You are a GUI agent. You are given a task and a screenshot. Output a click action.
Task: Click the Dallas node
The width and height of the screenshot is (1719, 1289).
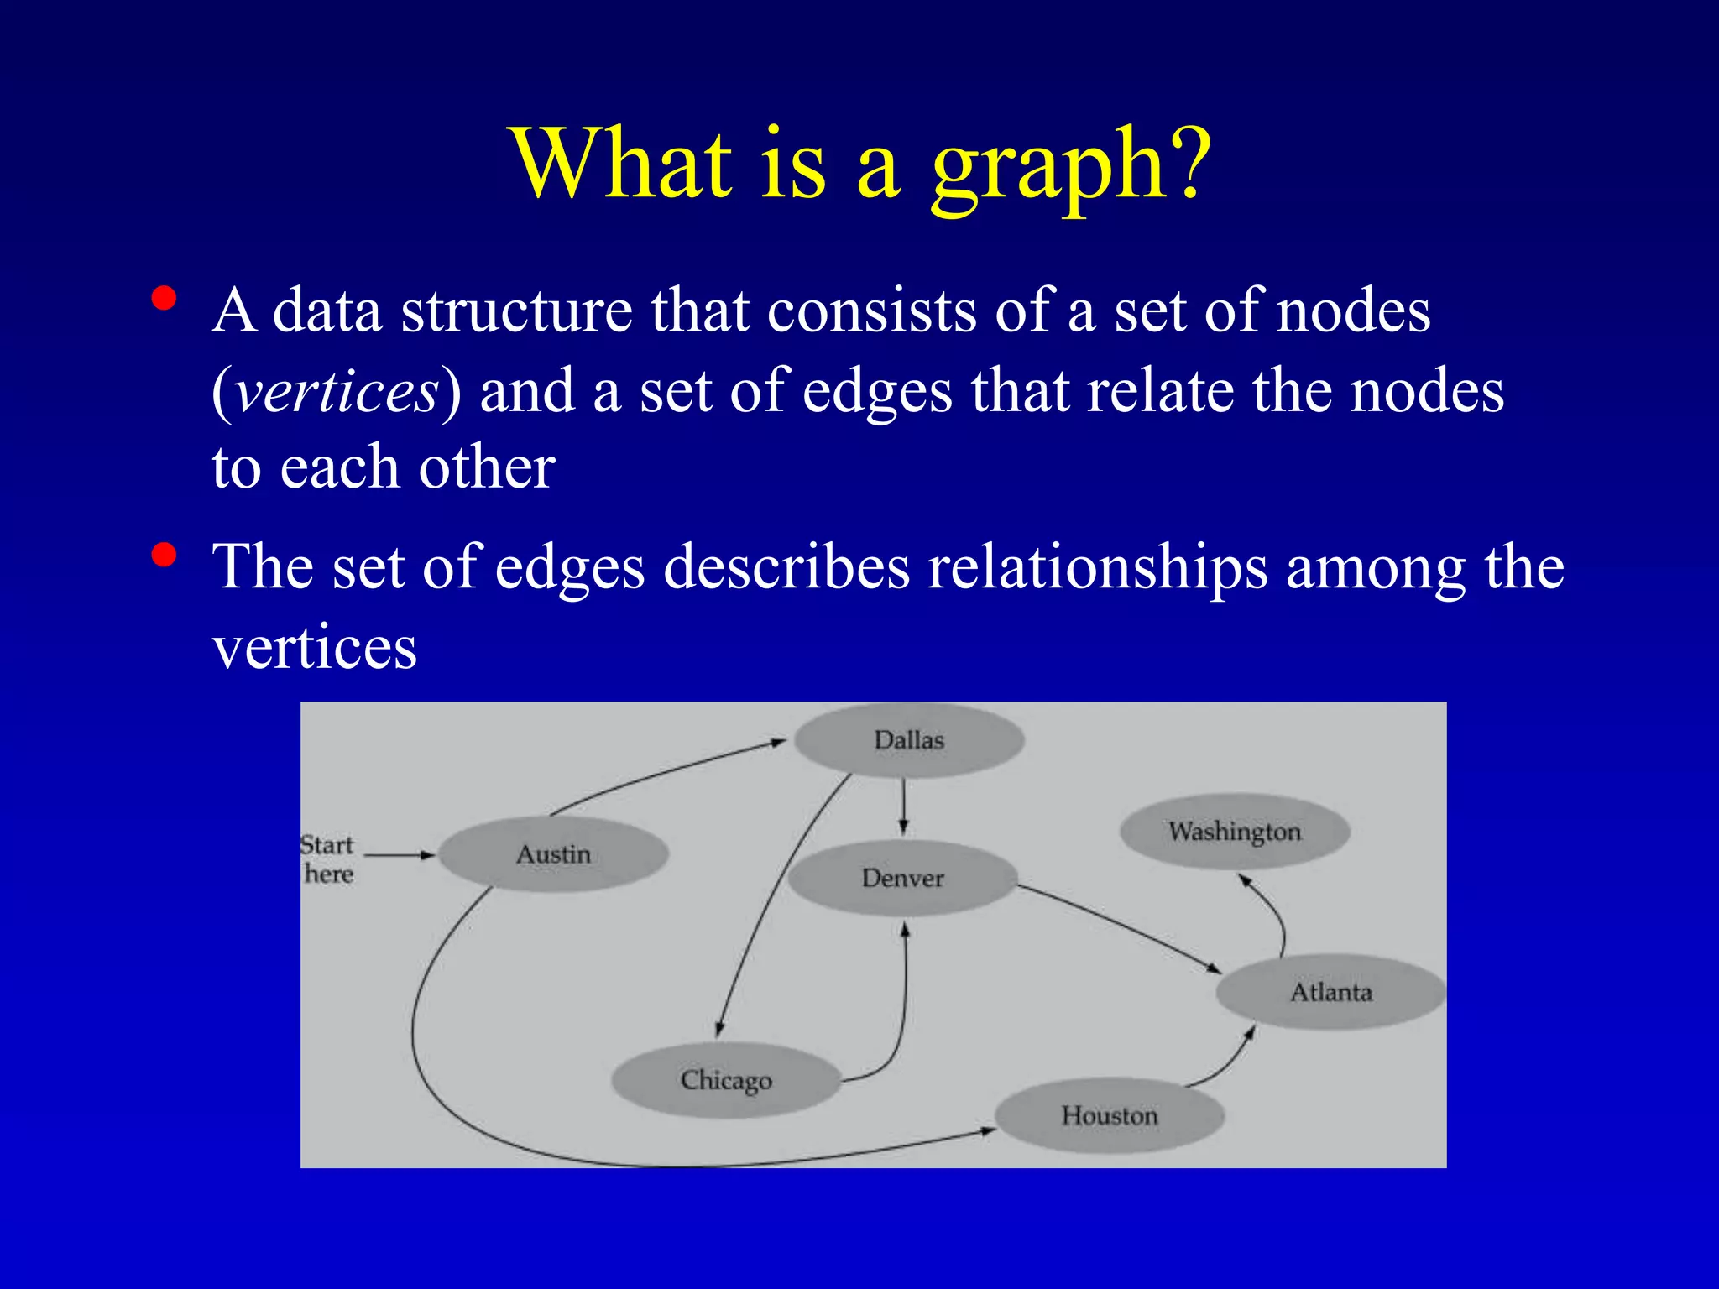click(x=909, y=740)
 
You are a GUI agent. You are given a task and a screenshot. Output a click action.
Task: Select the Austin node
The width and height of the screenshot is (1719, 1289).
click(x=553, y=854)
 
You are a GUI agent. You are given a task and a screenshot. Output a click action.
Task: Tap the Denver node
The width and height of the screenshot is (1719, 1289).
click(x=902, y=878)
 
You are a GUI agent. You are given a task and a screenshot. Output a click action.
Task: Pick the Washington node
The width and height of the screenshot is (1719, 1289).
click(x=1235, y=832)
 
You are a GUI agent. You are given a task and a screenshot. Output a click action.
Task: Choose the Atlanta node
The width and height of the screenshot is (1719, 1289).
click(x=1330, y=992)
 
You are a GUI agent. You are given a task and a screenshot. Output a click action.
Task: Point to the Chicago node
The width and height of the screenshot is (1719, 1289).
click(x=726, y=1080)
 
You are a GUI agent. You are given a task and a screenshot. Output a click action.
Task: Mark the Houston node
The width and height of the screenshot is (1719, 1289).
click(x=1109, y=1115)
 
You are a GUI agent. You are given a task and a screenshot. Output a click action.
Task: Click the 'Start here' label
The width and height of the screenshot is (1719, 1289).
click(x=327, y=858)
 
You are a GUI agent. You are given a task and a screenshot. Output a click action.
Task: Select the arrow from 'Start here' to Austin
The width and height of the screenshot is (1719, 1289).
click(x=400, y=855)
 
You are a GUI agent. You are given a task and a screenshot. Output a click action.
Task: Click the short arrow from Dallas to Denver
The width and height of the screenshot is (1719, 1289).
click(x=903, y=806)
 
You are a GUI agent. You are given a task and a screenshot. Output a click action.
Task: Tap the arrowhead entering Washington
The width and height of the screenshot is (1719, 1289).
click(x=1246, y=880)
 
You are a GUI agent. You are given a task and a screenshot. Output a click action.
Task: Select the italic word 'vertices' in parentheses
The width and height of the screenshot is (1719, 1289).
click(x=336, y=391)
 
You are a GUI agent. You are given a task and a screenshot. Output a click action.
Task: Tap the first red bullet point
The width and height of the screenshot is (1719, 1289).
click(x=165, y=299)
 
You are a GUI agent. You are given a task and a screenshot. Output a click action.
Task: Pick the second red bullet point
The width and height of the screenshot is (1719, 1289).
click(x=165, y=555)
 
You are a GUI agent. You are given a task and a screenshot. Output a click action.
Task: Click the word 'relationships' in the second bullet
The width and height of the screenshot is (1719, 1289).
click(x=1097, y=568)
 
